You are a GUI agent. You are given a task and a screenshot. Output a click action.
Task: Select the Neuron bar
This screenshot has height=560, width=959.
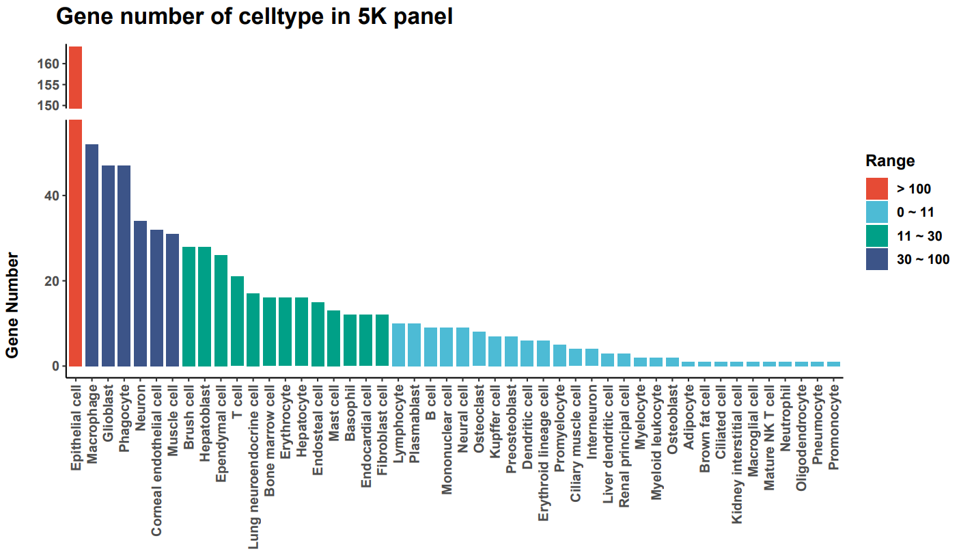pyautogui.click(x=140, y=293)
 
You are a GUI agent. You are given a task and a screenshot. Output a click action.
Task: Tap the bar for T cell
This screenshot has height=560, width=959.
pyautogui.click(x=237, y=321)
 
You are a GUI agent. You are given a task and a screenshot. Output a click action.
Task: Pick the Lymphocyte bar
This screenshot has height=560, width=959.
pyautogui.click(x=398, y=345)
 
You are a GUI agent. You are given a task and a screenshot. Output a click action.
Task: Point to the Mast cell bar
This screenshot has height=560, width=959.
pyautogui.click(x=334, y=338)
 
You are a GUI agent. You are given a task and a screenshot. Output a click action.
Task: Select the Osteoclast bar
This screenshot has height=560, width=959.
pyautogui.click(x=479, y=349)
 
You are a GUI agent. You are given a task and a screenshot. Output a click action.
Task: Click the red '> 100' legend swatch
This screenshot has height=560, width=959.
pyautogui.click(x=877, y=189)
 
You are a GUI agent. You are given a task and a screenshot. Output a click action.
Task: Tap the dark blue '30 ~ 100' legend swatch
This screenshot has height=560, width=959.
pyautogui.click(x=877, y=259)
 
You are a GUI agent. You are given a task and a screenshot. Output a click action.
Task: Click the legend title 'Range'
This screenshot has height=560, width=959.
pyautogui.click(x=890, y=161)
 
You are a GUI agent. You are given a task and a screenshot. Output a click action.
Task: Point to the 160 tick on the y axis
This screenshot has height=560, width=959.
pyautogui.click(x=52, y=64)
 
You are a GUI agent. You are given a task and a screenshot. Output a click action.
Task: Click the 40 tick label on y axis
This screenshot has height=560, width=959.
pyautogui.click(x=52, y=196)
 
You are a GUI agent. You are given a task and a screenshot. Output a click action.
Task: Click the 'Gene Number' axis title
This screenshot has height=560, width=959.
pyautogui.click(x=12, y=305)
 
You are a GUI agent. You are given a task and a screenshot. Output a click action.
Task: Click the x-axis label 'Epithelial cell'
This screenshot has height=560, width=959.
pyautogui.click(x=76, y=427)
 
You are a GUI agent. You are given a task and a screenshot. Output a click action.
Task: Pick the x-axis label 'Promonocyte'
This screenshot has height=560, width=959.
pyautogui.click(x=833, y=427)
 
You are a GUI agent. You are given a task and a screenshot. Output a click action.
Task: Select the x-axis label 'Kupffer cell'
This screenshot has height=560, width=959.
pyautogui.click(x=495, y=424)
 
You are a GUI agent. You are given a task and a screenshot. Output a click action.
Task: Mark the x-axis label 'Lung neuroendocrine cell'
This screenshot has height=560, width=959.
pyautogui.click(x=253, y=452)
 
